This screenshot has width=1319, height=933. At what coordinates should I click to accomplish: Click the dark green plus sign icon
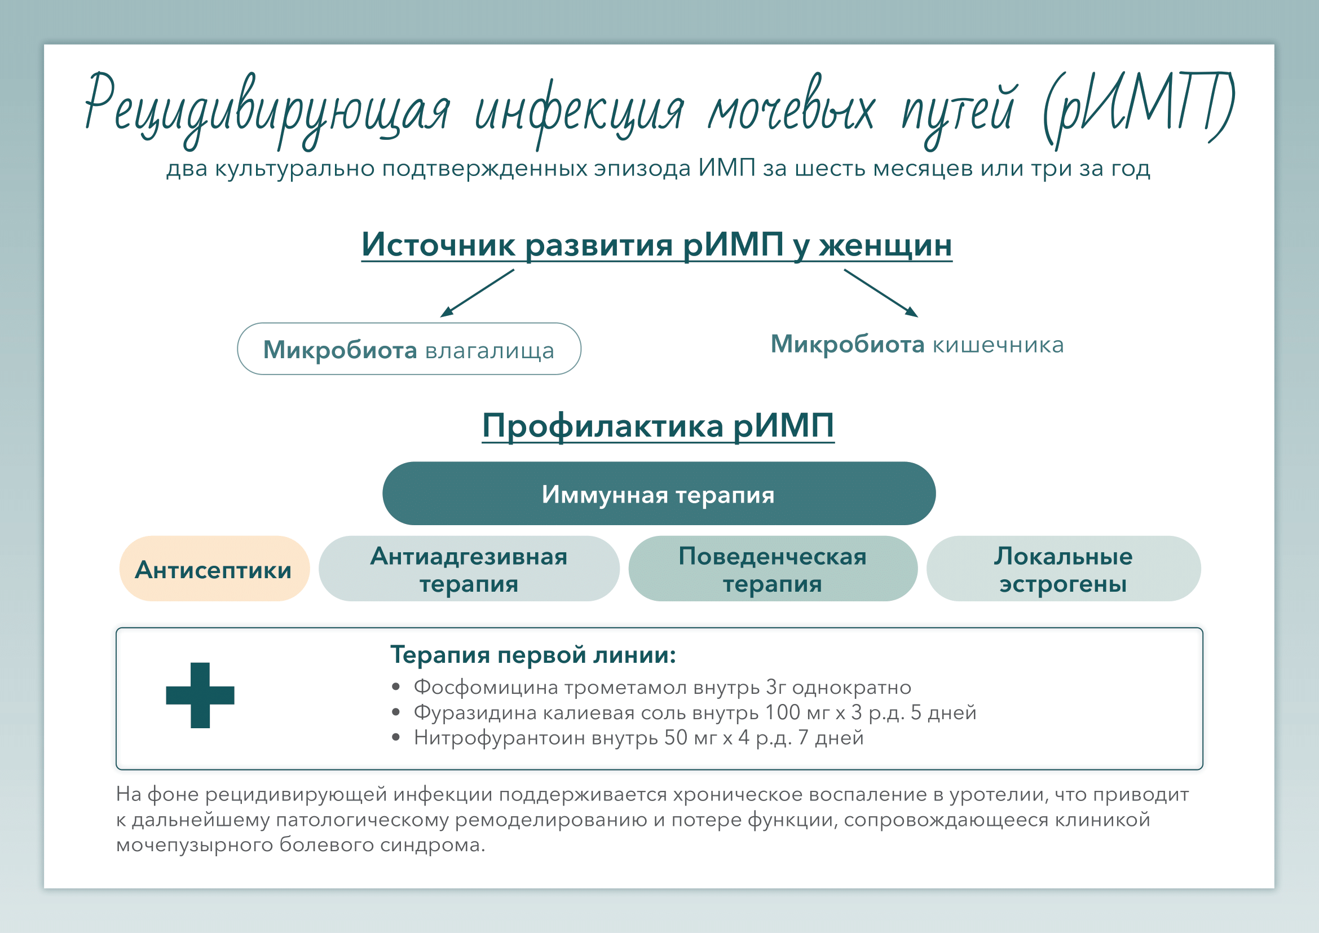click(200, 695)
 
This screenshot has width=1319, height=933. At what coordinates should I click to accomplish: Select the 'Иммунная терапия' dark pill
click(658, 494)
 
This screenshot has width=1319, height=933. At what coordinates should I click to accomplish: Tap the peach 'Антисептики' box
click(214, 569)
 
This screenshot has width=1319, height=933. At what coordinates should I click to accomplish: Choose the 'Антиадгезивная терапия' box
click(469, 569)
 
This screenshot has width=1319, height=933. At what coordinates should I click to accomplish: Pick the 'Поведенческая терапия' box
click(773, 569)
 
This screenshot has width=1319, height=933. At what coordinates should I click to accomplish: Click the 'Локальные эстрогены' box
click(1064, 569)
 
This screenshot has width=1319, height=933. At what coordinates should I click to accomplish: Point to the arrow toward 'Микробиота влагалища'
click(477, 293)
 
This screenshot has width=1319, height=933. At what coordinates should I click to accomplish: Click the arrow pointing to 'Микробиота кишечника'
click(881, 293)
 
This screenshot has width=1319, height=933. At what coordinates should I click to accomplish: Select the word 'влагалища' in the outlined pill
click(489, 350)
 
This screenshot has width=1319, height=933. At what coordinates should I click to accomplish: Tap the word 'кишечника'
click(998, 345)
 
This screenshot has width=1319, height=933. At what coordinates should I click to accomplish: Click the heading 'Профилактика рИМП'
click(658, 426)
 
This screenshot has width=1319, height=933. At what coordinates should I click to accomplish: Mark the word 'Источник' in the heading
click(438, 245)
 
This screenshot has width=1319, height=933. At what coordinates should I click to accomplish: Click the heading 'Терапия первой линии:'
click(532, 654)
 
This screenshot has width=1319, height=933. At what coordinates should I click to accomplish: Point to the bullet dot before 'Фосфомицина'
click(395, 686)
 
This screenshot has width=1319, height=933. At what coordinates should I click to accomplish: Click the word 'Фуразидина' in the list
click(474, 712)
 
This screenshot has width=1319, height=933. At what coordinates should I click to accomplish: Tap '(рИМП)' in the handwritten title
click(1137, 109)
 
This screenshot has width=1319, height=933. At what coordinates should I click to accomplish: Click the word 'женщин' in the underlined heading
click(885, 245)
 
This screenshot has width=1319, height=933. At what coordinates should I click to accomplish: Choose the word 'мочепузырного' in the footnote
click(194, 845)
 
